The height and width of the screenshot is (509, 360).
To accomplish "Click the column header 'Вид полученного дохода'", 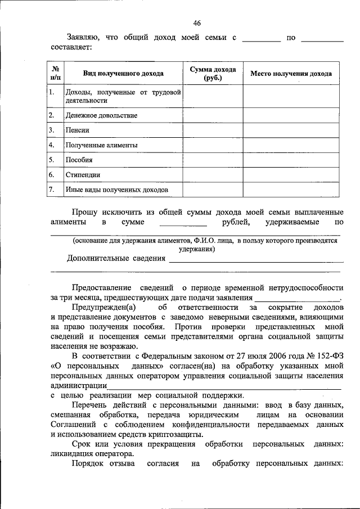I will [x=123, y=74].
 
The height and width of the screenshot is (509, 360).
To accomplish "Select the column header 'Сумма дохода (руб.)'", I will [x=213, y=74].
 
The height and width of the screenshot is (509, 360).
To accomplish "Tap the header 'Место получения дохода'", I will [x=291, y=74].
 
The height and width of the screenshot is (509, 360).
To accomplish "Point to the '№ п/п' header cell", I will [x=56, y=74].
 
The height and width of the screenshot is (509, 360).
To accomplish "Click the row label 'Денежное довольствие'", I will [x=101, y=115].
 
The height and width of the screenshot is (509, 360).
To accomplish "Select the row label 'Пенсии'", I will [x=78, y=130].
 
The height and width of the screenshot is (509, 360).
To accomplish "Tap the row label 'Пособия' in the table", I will [x=79, y=160].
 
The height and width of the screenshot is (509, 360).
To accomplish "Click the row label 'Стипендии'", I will [x=83, y=175].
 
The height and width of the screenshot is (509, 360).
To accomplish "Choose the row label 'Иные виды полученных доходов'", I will [x=116, y=190].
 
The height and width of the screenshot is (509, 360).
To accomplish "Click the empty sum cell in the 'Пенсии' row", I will [x=213, y=130].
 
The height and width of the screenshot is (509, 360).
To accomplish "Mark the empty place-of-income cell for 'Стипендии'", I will [x=291, y=175].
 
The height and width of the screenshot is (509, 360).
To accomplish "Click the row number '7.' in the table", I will [x=51, y=190].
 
